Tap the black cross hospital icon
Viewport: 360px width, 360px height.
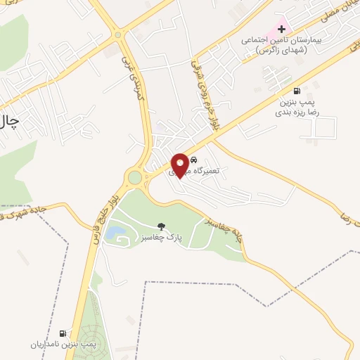point(282,30)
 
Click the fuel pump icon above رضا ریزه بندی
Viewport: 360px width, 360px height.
point(297,90)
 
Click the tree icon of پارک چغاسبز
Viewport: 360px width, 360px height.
point(162,226)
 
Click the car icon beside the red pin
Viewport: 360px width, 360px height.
point(194,160)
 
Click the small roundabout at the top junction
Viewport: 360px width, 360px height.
point(117,34)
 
